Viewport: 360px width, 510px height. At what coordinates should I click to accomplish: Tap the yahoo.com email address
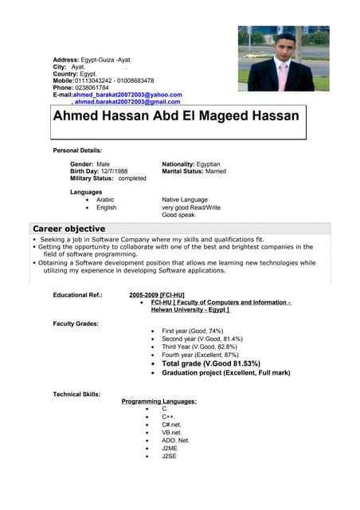click(x=127, y=95)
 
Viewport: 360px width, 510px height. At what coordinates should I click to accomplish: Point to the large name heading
click(x=176, y=116)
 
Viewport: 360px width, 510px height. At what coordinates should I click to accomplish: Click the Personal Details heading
click(x=77, y=150)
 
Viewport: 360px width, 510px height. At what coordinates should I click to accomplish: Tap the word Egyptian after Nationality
click(x=204, y=164)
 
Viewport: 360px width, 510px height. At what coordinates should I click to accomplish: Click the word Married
click(x=216, y=171)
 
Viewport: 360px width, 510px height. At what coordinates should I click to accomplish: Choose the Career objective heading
click(x=68, y=229)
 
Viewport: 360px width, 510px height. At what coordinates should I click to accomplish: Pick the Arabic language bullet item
click(x=105, y=200)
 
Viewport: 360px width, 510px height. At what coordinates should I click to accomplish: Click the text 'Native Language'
click(x=185, y=200)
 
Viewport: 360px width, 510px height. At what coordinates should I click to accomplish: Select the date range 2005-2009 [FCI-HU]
click(x=157, y=295)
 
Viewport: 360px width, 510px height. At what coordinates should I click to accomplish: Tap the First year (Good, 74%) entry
click(x=192, y=331)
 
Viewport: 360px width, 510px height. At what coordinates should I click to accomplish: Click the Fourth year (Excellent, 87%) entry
click(x=200, y=355)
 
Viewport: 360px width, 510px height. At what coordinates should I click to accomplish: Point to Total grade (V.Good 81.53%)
click(x=210, y=364)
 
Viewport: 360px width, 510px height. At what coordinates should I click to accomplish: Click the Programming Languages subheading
click(x=158, y=401)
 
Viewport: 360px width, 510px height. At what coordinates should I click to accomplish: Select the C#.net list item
click(x=171, y=425)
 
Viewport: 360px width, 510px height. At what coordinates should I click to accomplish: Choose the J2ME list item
click(x=169, y=449)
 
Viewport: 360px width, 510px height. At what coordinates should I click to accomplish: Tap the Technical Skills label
click(x=76, y=394)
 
